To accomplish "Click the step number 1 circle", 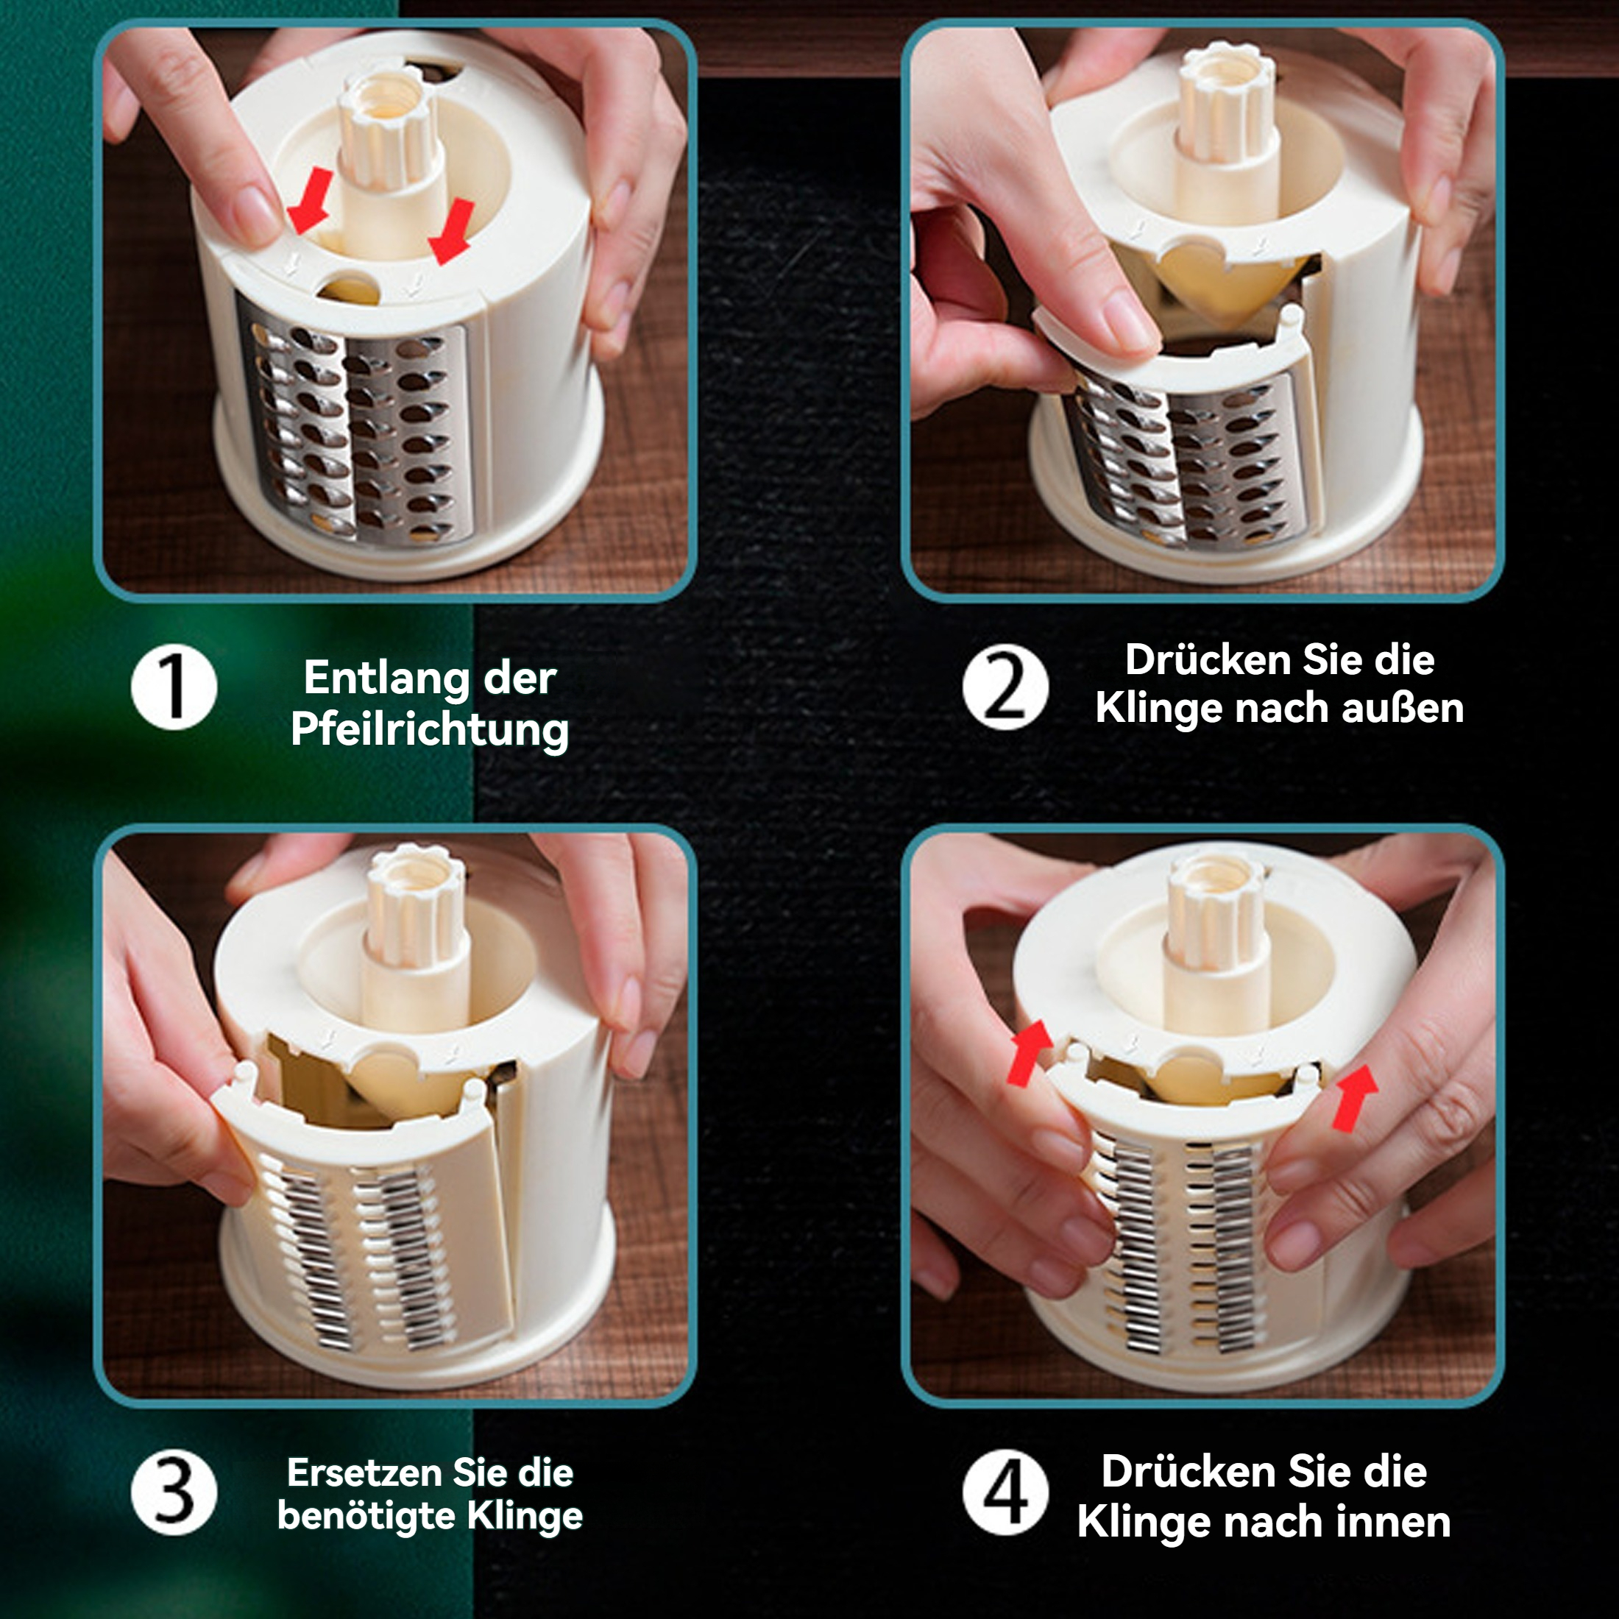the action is (174, 687).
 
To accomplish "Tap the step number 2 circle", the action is (1005, 687).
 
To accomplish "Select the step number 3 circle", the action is (174, 1492).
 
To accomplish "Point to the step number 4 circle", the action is (1005, 1492).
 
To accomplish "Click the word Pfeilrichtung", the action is (430, 730).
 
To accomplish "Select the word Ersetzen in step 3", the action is (364, 1473).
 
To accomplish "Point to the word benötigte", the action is (366, 1515).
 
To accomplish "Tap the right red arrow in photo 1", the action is (452, 231).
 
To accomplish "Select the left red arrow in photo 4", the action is (1028, 1053).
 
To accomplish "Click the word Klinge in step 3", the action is (524, 1516).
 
